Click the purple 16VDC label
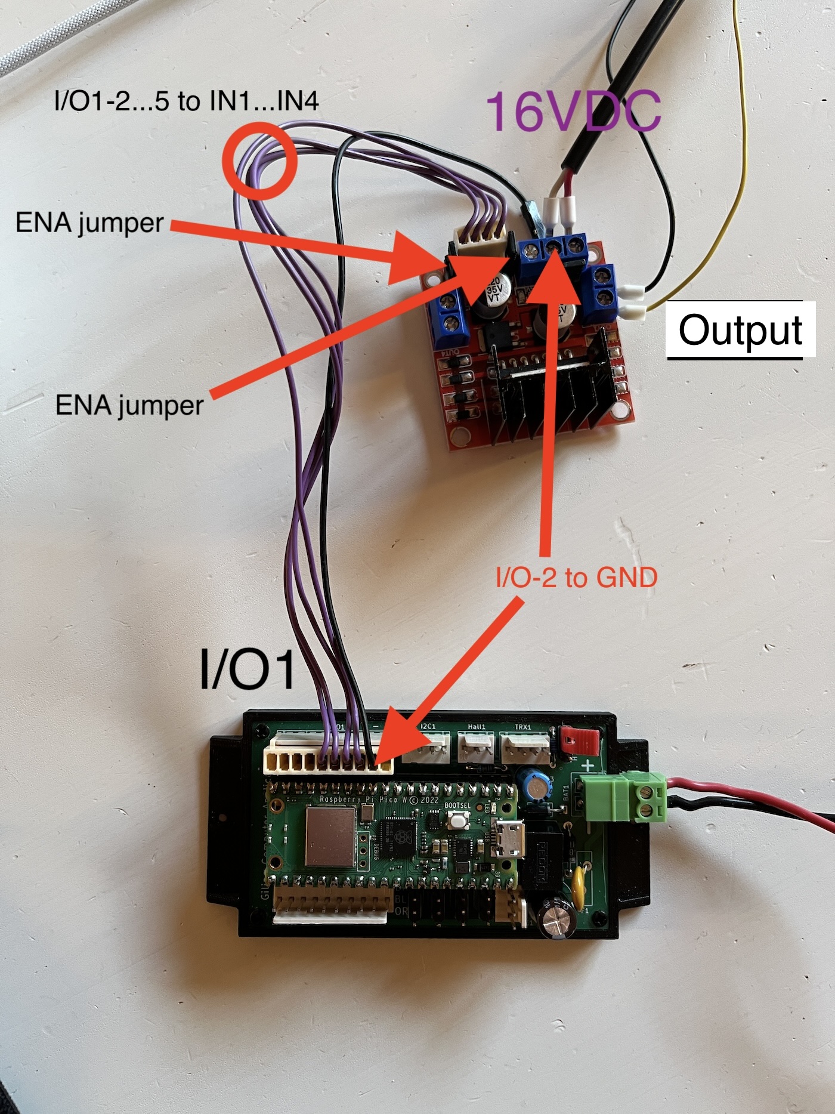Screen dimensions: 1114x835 (573, 112)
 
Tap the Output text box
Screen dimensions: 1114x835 (741, 329)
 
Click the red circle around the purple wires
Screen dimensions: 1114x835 (260, 160)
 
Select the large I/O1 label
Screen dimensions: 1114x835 (248, 669)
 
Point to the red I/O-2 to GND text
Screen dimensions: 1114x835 (576, 577)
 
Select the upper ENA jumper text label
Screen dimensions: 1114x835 (89, 223)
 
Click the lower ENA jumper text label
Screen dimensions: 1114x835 (129, 406)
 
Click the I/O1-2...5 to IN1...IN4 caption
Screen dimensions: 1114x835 (186, 101)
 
